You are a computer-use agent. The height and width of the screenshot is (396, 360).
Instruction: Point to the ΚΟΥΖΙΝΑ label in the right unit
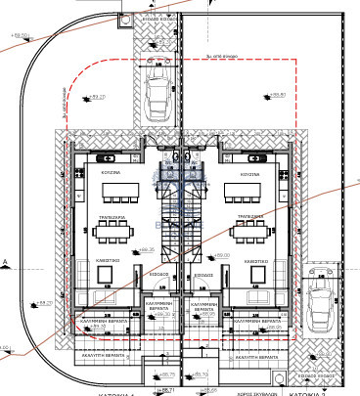coord(249,173)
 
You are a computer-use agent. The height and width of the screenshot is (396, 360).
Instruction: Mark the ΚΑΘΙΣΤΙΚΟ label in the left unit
coord(108,262)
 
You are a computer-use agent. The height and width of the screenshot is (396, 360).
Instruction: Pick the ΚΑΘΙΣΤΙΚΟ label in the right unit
coord(256,262)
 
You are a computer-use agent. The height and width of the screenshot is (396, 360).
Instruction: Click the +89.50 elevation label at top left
coord(19,36)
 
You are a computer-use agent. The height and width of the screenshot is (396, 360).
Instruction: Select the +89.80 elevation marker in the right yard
coord(277,96)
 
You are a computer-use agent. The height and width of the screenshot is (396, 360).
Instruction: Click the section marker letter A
coord(5,262)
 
